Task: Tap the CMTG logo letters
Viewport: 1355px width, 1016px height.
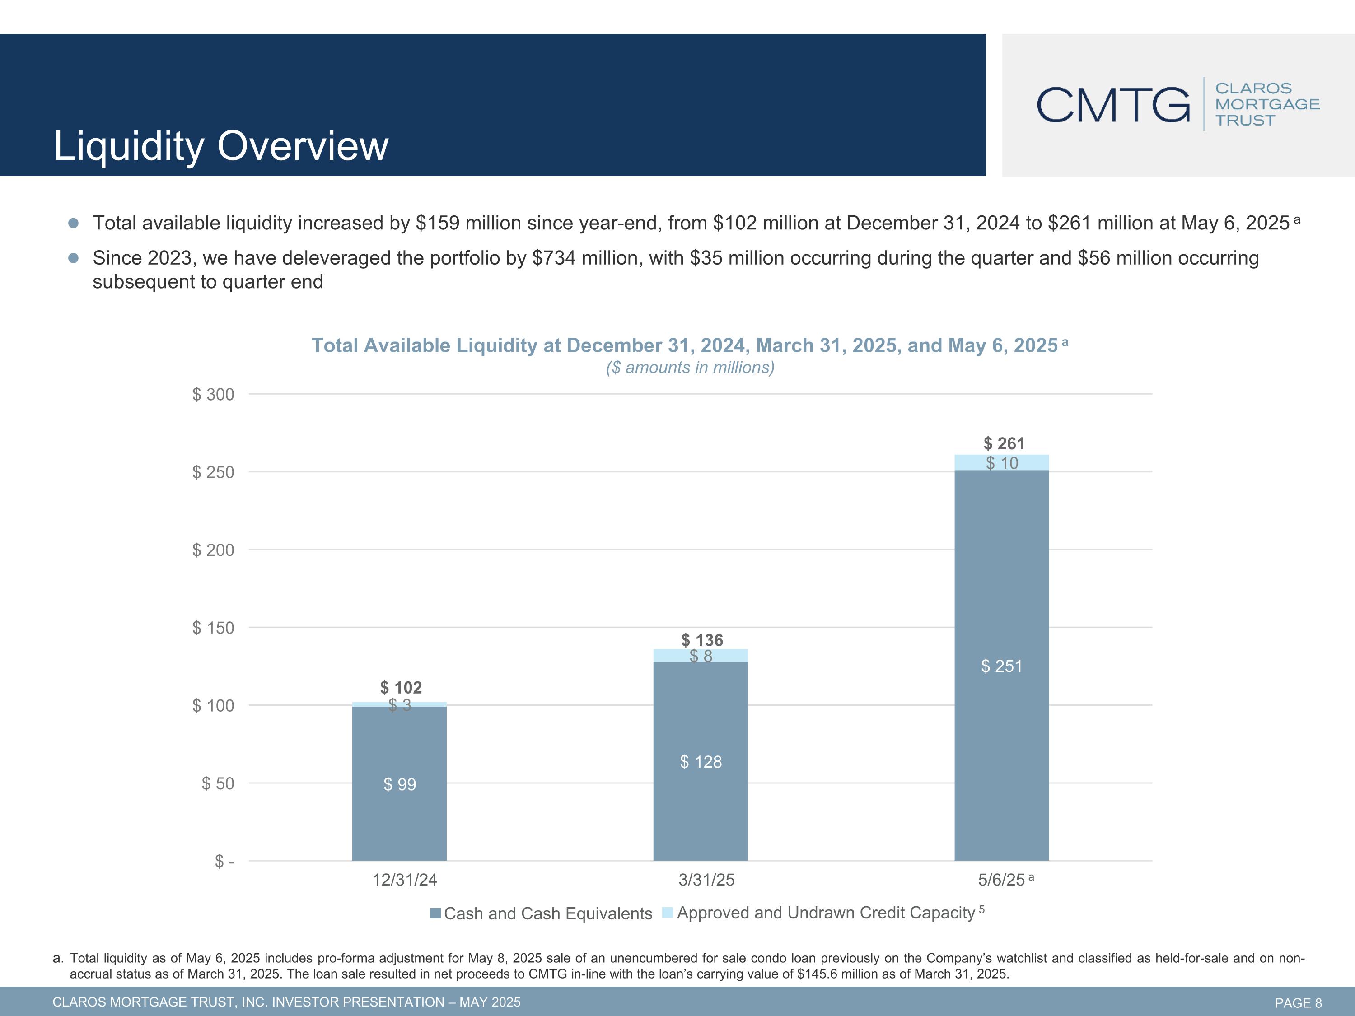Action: click(1113, 105)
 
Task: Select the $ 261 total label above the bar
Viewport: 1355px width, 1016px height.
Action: click(1004, 443)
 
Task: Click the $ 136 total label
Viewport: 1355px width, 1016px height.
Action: click(702, 640)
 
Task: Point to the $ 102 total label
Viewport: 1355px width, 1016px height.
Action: click(401, 687)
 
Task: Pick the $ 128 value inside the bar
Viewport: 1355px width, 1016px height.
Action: click(701, 761)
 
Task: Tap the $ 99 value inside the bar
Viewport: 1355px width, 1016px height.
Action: click(399, 784)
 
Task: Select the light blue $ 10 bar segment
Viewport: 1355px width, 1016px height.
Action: click(1001, 462)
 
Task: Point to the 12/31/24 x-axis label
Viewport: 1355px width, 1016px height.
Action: click(405, 880)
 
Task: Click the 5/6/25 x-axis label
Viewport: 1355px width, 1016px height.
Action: click(1001, 880)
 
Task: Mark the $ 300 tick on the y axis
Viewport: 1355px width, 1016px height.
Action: click(213, 394)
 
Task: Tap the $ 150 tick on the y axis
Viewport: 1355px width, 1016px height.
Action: click(213, 628)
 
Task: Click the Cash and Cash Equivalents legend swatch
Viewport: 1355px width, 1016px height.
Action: click(435, 913)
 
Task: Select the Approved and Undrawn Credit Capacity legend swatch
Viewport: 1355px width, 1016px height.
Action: click(668, 913)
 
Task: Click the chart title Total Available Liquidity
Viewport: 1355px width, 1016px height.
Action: click(684, 345)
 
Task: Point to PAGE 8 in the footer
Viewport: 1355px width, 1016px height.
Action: click(1298, 1002)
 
